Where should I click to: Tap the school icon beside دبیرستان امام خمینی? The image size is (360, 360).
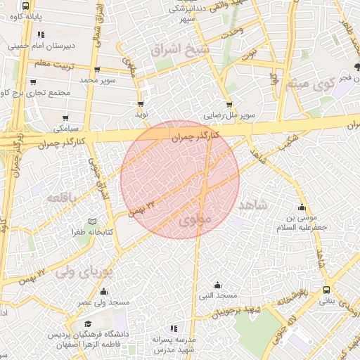point(42,34)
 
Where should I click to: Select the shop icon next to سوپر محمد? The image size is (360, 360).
point(96,70)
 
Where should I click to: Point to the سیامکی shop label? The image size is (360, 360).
point(65,129)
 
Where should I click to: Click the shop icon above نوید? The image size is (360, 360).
point(141,103)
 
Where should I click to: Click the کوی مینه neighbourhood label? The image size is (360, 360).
point(309,84)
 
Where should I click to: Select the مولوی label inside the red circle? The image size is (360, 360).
point(195,220)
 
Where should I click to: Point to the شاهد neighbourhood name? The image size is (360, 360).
point(254,205)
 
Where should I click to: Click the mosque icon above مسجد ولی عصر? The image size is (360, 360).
point(104,292)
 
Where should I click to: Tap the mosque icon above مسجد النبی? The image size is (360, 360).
point(217,285)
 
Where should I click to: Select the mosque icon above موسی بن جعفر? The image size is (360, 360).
point(302,207)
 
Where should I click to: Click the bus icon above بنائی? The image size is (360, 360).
point(327,290)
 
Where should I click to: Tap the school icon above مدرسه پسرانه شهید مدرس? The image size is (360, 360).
point(174,328)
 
